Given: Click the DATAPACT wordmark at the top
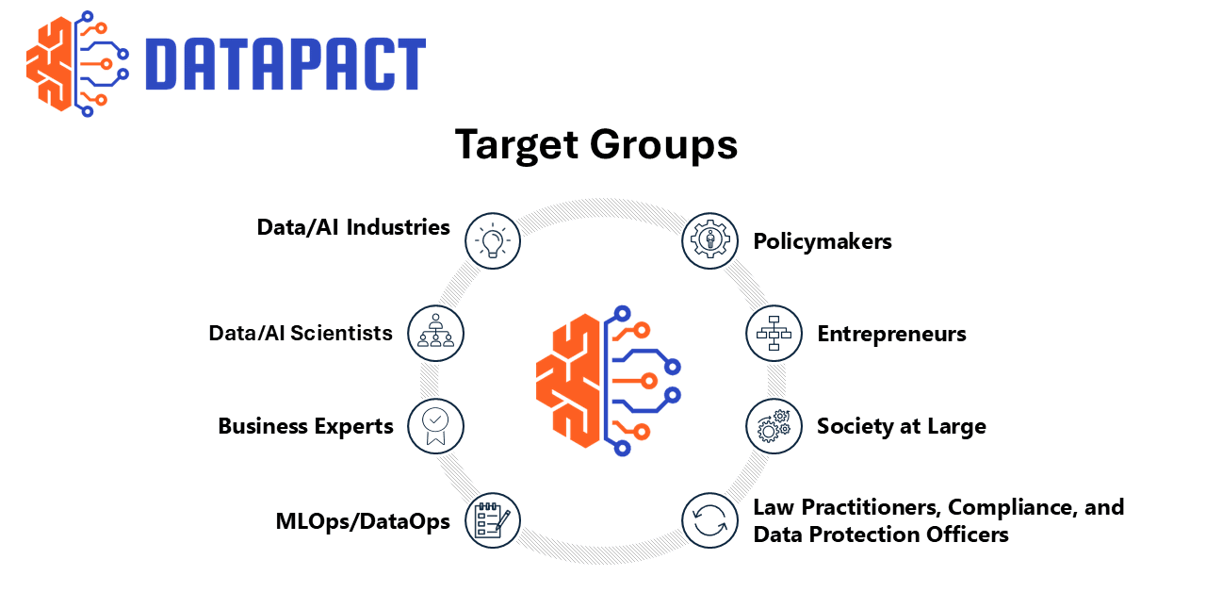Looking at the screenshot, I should (x=285, y=65).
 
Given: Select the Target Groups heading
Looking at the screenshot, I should (x=595, y=145).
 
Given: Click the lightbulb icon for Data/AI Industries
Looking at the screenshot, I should (x=493, y=240).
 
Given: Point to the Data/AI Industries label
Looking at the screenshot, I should (x=353, y=227).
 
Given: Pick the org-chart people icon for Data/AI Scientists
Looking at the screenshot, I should (x=435, y=333).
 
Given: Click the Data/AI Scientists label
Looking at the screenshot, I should (x=301, y=333).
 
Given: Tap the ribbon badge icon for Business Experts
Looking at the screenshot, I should (x=435, y=426).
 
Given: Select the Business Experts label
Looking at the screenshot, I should (x=305, y=426).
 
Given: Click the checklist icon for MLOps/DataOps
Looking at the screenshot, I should (x=493, y=520).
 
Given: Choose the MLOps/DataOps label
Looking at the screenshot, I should (x=363, y=521).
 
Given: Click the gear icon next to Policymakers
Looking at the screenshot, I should (x=709, y=240).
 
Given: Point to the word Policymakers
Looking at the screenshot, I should (x=823, y=241).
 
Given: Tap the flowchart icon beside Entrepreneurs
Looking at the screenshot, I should (x=774, y=333).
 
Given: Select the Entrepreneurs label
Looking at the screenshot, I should (x=891, y=334).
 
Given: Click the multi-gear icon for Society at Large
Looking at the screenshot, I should (x=774, y=426).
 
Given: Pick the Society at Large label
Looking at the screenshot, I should (x=902, y=426).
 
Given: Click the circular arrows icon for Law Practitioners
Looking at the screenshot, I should (x=709, y=520).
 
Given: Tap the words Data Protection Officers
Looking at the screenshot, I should (x=881, y=534).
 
